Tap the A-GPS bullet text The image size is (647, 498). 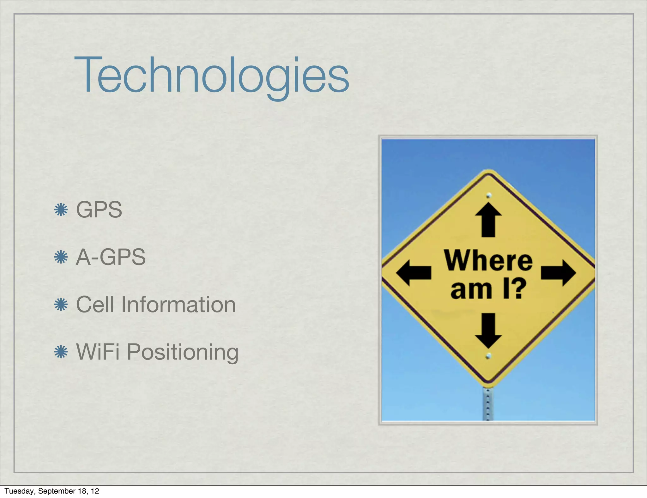coord(111,257)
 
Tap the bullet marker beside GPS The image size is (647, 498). coord(61,210)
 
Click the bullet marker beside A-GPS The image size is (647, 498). coord(61,257)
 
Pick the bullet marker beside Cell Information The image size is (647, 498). coord(61,305)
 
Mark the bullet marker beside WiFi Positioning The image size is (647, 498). coord(61,352)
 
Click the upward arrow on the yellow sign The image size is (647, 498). coord(488,220)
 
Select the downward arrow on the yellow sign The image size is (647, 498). coord(488,330)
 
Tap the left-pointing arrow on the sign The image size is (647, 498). coord(413,273)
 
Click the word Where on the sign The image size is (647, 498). coord(488,260)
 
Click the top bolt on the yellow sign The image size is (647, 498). coord(489,195)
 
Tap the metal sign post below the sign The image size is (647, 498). coord(488,404)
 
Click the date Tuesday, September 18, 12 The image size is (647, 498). coord(52,491)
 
